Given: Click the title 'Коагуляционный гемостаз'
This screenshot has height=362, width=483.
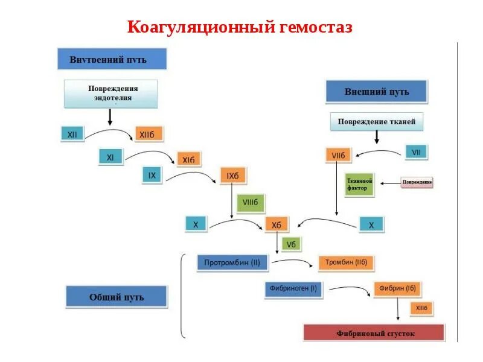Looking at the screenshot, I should (x=239, y=27).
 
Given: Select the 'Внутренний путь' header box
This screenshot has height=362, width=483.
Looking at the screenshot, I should (x=112, y=60).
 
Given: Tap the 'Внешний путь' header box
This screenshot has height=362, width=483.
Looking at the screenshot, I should (x=376, y=92).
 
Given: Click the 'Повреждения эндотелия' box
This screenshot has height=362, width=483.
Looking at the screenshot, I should (x=110, y=93).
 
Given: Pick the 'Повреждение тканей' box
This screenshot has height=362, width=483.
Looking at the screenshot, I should (x=376, y=122).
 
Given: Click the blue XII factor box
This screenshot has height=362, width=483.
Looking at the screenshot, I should (x=72, y=133).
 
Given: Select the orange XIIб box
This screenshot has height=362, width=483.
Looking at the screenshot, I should (x=149, y=134).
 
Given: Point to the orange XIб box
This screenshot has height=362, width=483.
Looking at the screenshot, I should (x=188, y=159).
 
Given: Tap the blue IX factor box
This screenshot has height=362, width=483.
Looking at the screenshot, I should (x=153, y=175).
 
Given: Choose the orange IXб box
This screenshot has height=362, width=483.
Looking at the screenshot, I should (x=232, y=176).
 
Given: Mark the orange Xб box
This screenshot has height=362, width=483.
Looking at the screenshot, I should (x=277, y=225).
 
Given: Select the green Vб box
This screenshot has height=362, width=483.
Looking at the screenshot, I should (x=290, y=244).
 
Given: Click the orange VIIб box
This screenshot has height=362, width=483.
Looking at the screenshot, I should (x=339, y=155).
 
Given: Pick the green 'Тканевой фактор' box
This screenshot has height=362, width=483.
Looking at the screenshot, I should (x=360, y=184).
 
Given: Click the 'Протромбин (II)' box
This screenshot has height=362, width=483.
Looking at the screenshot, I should (x=232, y=262).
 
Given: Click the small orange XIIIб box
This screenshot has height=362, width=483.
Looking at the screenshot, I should (x=421, y=308).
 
